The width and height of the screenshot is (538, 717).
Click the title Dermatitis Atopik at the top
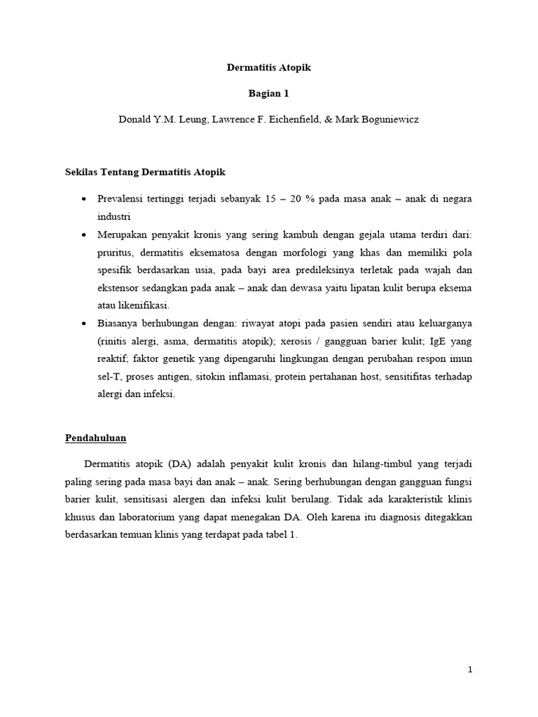[x=268, y=68]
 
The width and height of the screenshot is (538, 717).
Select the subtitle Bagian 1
[x=268, y=93]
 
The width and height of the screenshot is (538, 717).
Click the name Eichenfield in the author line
[x=285, y=119]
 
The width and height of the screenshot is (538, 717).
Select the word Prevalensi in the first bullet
[x=123, y=199]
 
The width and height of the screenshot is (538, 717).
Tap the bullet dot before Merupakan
[x=84, y=234]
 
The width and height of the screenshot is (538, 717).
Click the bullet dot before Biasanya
[x=84, y=323]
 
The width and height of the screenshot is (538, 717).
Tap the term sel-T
[x=109, y=377]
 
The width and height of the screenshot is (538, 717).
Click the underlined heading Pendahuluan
[x=96, y=438]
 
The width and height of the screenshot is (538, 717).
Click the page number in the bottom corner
[x=471, y=670]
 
